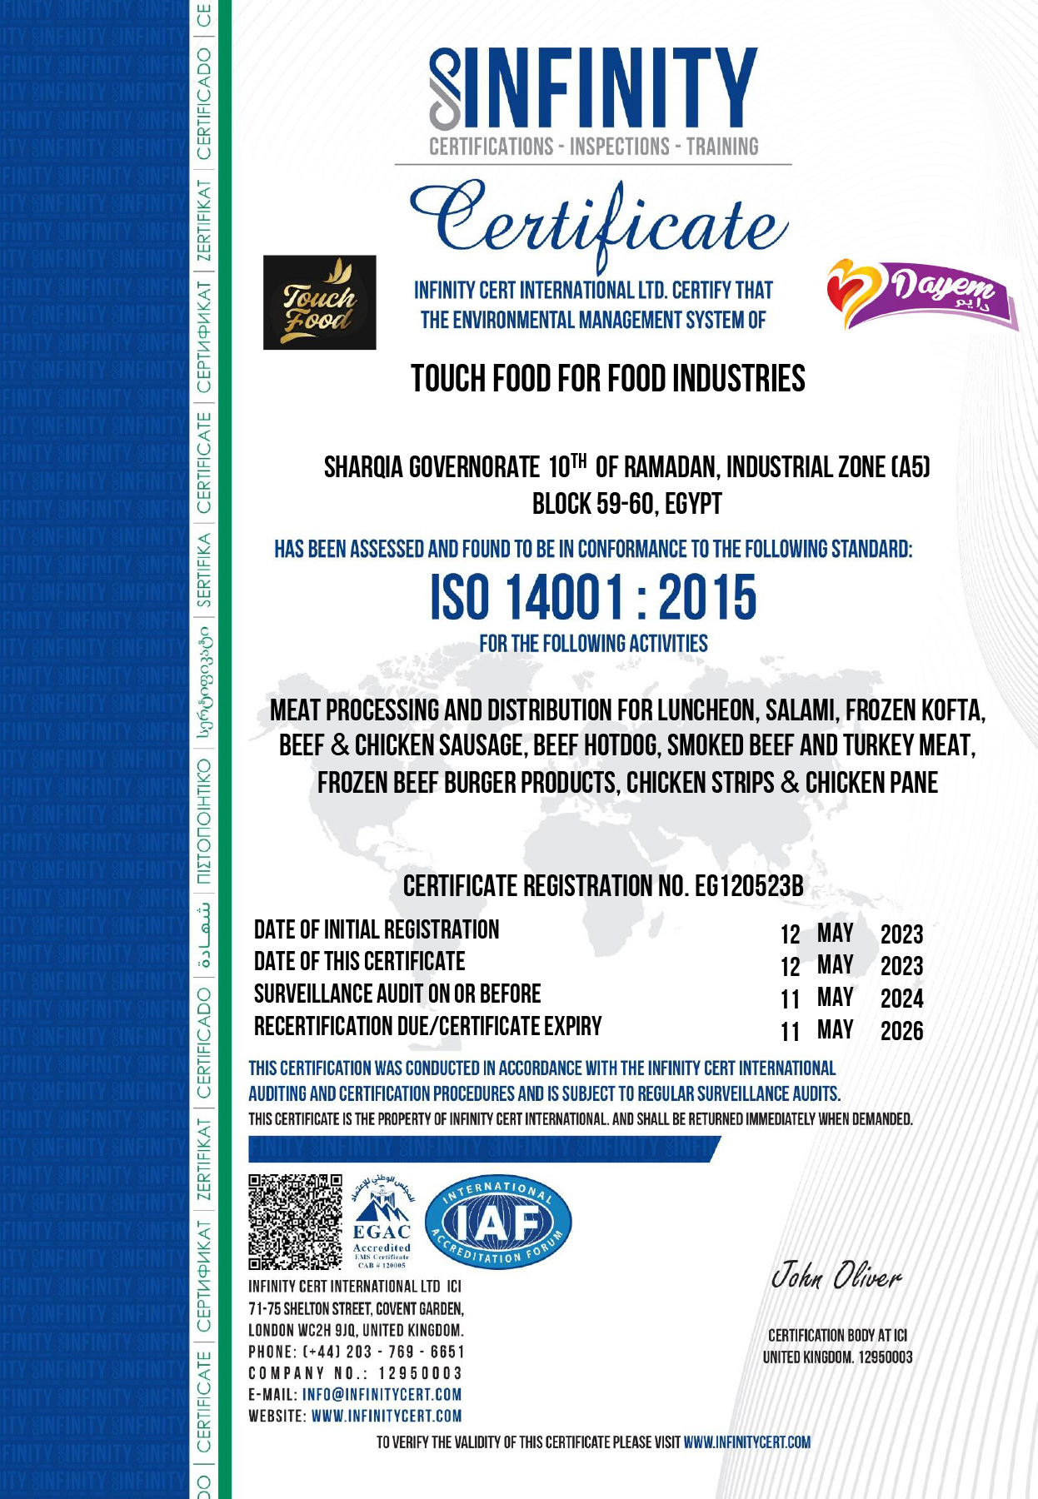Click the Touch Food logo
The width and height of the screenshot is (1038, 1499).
[x=319, y=301]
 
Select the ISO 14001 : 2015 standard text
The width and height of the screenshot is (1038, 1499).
[x=593, y=598]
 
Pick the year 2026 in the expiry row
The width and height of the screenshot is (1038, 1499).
[x=901, y=1031]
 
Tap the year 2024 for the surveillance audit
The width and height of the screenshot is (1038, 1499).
[x=901, y=999]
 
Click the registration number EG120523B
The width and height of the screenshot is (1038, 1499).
[x=749, y=886]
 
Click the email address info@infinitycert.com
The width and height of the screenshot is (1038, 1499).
[x=382, y=1394]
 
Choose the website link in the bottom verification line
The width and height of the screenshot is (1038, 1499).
[x=746, y=1442]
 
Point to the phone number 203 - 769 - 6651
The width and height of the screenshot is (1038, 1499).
[x=406, y=1352]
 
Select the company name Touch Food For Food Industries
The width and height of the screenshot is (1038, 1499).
[x=608, y=379]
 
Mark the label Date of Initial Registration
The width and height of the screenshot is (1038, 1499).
[x=377, y=930]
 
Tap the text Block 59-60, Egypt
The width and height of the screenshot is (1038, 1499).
[x=626, y=505]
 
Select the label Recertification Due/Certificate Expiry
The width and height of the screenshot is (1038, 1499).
[x=427, y=1027]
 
